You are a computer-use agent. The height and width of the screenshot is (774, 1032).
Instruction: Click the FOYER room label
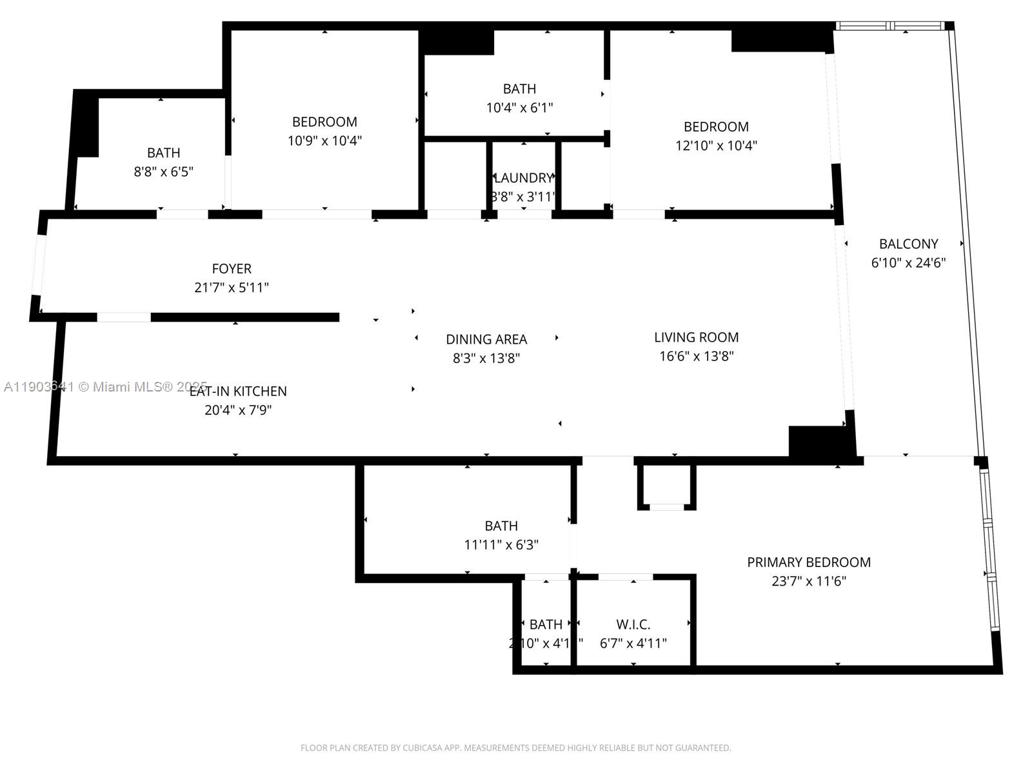click(232, 268)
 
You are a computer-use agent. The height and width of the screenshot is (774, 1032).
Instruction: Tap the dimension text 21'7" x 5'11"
click(232, 288)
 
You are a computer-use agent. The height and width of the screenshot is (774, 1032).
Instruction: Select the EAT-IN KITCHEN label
click(238, 391)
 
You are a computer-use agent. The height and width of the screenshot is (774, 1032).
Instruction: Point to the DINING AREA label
click(486, 339)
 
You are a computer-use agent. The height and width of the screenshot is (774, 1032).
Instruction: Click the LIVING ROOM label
click(696, 337)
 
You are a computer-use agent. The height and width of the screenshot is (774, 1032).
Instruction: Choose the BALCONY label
click(908, 244)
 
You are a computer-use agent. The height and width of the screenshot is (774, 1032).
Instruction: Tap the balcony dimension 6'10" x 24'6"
click(908, 263)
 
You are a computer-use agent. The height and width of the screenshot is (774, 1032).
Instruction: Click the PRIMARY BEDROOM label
click(809, 562)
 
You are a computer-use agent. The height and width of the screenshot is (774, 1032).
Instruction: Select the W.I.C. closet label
click(633, 624)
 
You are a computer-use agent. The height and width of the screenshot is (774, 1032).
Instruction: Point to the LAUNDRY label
click(523, 178)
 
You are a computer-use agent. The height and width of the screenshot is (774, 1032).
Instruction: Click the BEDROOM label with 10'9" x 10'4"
click(324, 122)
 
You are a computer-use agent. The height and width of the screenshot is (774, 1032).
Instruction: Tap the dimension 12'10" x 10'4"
click(716, 146)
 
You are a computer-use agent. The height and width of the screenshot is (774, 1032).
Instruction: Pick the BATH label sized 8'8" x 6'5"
click(163, 153)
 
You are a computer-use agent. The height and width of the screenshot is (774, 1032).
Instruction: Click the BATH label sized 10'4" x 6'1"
click(519, 89)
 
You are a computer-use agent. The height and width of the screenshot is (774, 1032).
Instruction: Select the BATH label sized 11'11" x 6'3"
click(501, 526)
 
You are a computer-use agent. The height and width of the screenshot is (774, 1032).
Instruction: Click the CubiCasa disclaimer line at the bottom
click(515, 748)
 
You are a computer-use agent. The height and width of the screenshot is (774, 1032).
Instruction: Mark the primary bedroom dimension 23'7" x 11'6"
click(809, 581)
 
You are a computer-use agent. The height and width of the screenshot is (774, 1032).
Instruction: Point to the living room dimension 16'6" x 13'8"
click(696, 356)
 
